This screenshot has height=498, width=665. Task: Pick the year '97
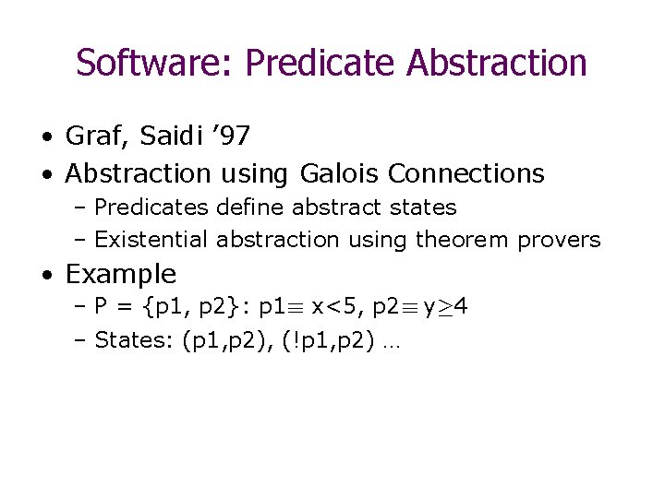point(230,136)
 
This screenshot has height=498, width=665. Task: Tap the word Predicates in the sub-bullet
point(152,207)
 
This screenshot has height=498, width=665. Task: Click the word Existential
point(151,240)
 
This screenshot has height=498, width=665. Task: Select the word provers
point(559,240)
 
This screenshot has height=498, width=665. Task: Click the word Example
point(120,274)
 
